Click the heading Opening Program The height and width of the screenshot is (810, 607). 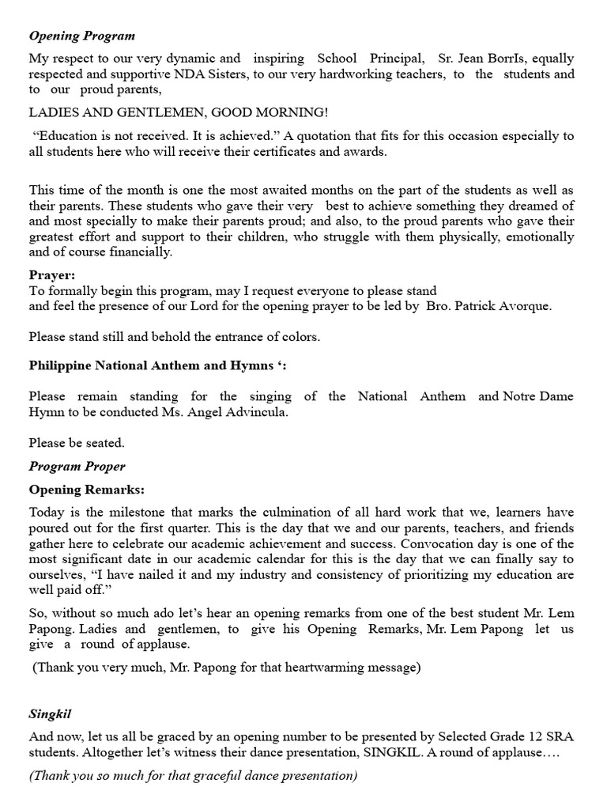point(82,36)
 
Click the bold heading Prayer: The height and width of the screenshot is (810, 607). point(52,275)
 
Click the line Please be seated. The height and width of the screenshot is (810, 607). point(77,443)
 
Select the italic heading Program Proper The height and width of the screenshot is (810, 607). point(77,467)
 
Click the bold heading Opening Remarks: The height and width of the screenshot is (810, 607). point(87,490)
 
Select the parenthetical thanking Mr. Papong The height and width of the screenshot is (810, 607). point(225,668)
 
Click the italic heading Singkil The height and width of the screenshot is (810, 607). point(50,714)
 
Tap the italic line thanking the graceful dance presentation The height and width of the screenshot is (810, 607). point(194,775)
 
